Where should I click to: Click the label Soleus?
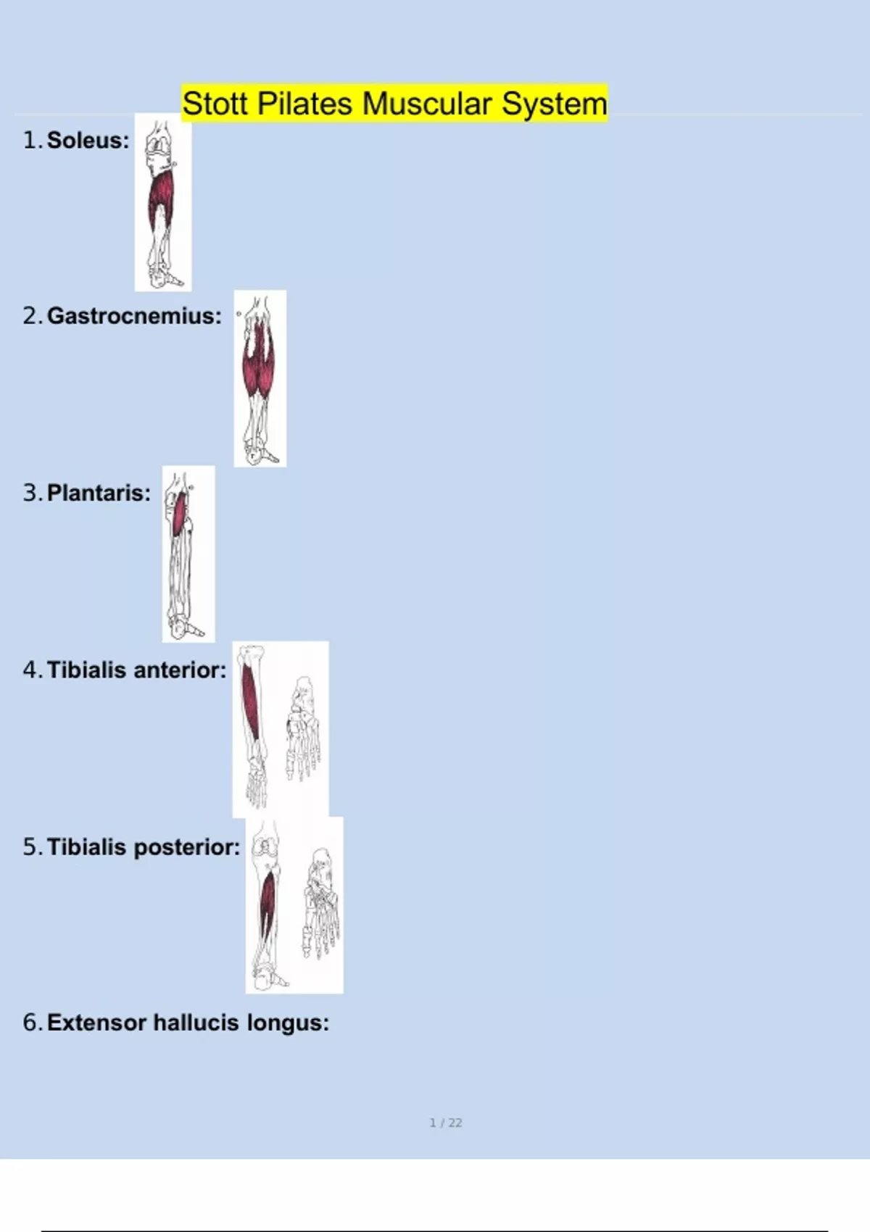(x=88, y=141)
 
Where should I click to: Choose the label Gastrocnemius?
(x=134, y=316)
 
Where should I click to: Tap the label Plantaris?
(x=99, y=494)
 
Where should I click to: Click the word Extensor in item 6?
(x=97, y=1023)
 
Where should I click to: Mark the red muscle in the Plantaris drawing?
(x=179, y=515)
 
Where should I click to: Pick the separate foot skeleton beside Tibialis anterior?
(x=302, y=729)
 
